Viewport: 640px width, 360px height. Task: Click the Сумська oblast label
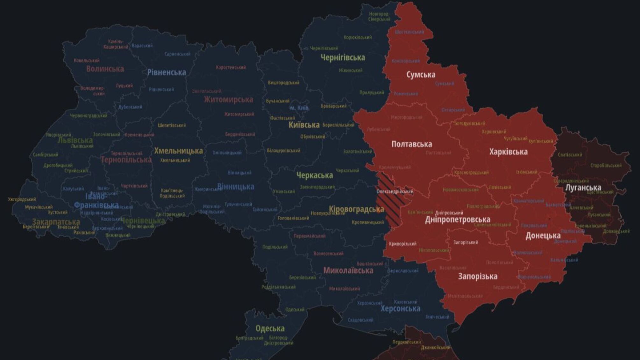pyautogui.click(x=421, y=75)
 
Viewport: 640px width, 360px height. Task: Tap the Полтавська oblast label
pyautogui.click(x=411, y=144)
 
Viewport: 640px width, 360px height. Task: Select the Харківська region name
pyautogui.click(x=508, y=152)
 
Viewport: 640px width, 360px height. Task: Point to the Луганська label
pyautogui.click(x=583, y=187)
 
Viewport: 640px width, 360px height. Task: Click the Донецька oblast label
pyautogui.click(x=543, y=235)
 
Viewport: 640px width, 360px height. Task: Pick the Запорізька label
pyautogui.click(x=478, y=276)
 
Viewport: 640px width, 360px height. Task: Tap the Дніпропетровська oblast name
pyautogui.click(x=458, y=220)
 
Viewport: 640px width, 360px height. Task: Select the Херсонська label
pyautogui.click(x=400, y=308)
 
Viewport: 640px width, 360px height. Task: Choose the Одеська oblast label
pyautogui.click(x=270, y=328)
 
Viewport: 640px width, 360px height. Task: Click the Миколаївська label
pyautogui.click(x=348, y=270)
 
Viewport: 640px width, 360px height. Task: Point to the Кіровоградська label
pyautogui.click(x=356, y=209)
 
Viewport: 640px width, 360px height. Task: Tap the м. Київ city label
pyautogui.click(x=299, y=108)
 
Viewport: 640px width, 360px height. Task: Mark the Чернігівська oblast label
pyautogui.click(x=343, y=58)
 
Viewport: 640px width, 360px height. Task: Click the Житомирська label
pyautogui.click(x=228, y=99)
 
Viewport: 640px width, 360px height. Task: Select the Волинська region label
pyautogui.click(x=105, y=69)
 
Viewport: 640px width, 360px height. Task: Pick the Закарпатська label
pyautogui.click(x=56, y=221)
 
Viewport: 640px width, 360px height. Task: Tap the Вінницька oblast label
pyautogui.click(x=235, y=186)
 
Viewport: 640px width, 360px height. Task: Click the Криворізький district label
pyautogui.click(x=402, y=244)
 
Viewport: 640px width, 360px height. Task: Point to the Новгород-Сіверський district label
pyautogui.click(x=379, y=17)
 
